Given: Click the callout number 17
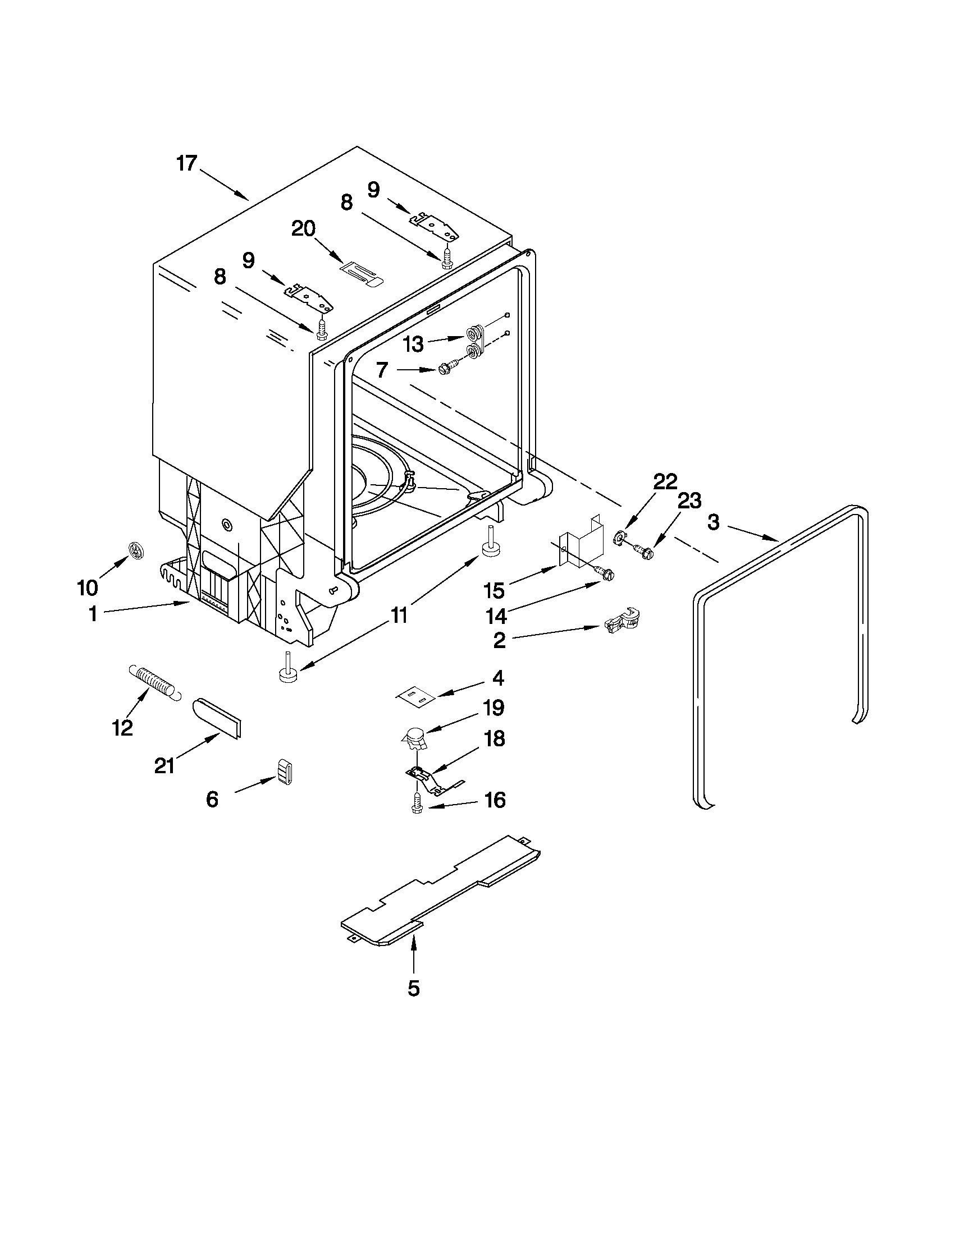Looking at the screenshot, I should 186,163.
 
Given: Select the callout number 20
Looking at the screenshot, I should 303,229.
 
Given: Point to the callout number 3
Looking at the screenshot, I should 714,522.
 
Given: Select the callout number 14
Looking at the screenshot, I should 496,616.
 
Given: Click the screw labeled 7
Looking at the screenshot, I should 445,370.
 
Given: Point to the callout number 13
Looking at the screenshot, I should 414,343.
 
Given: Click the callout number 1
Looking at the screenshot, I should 93,614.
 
